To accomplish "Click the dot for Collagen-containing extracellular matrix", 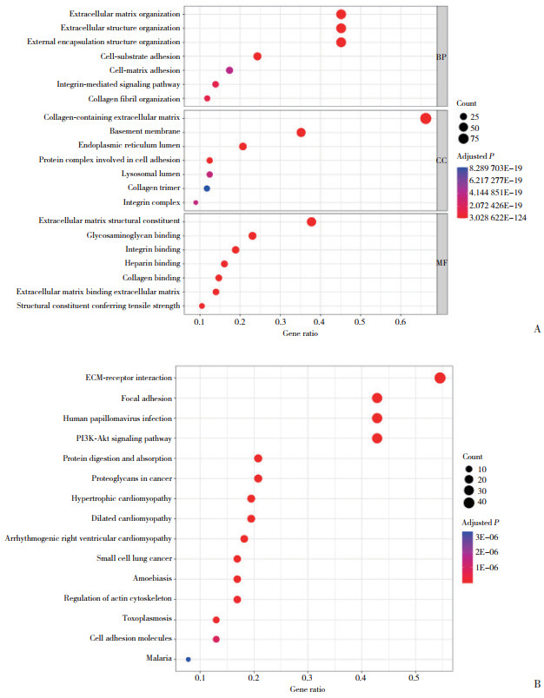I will (425, 118).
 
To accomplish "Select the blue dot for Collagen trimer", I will (207, 188).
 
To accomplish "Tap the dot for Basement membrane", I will (301, 132).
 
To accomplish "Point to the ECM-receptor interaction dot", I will (440, 378).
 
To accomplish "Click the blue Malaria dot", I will (188, 659).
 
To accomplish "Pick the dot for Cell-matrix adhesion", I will (229, 70).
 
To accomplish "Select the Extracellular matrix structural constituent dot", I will (311, 221).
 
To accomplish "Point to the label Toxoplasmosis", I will (146, 618).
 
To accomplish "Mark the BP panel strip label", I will (441, 56).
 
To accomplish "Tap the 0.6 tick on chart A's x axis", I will (401, 323).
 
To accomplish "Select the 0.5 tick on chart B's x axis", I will (415, 677).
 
